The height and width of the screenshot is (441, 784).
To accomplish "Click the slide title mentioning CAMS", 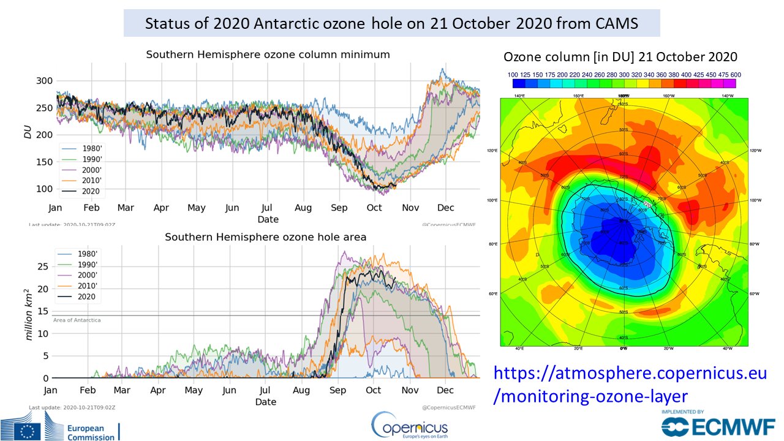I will pos(392,24).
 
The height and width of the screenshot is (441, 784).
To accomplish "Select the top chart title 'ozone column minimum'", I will pos(268,55).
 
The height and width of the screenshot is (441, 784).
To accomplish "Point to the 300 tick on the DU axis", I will pos(45,81).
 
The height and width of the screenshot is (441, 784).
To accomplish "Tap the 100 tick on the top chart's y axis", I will pos(45,189).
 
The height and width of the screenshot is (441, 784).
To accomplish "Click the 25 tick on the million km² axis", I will pos(42,266).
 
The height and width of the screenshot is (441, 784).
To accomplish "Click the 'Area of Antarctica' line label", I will pos(77,320).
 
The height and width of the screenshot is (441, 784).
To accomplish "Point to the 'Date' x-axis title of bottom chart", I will pos(265,402).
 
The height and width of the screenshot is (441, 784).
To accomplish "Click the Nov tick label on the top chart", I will pos(410,208).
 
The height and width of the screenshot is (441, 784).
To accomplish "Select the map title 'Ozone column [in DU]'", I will pos(620,57).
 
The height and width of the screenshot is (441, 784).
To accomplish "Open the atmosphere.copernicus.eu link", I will pos(630,384).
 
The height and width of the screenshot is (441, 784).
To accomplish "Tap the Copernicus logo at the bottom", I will pos(409,424).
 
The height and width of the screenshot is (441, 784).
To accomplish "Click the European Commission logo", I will pos(61,429).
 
